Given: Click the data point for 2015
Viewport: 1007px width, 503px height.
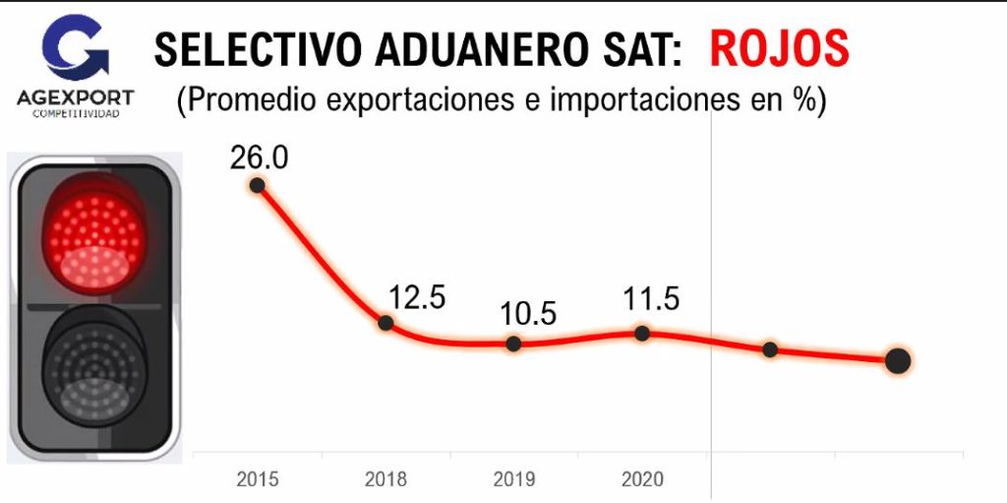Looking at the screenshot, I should click(258, 185).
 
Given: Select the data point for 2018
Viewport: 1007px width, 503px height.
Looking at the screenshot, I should click(385, 323).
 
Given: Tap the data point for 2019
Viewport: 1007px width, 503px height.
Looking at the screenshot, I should click(513, 344).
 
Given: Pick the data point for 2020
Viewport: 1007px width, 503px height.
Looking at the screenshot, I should click(642, 333).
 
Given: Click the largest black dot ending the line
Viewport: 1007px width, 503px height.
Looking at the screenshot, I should click(897, 361).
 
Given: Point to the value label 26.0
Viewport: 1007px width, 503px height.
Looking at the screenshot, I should click(260, 157).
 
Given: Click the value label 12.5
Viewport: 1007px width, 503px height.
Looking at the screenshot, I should click(417, 296).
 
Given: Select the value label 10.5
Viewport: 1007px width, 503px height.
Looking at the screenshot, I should click(527, 314).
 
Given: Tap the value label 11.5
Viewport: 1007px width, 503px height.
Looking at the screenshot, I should click(650, 298).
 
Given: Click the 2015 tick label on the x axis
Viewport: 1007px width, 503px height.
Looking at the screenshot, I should click(258, 480).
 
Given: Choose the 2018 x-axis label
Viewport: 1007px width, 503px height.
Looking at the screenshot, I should click(385, 480).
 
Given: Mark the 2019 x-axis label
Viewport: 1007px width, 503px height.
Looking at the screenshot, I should click(513, 480).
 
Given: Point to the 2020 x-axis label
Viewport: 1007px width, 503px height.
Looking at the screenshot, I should click(642, 480).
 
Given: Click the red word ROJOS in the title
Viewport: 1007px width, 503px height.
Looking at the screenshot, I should click(779, 49).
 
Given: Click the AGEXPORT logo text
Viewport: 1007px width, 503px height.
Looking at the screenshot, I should click(76, 97).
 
